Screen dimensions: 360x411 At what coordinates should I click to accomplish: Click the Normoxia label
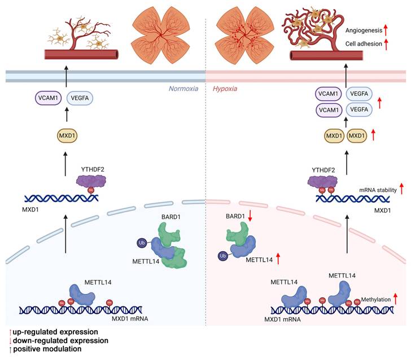183,89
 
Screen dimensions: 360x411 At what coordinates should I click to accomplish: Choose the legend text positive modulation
46,350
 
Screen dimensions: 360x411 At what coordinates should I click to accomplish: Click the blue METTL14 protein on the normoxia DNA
83,295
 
